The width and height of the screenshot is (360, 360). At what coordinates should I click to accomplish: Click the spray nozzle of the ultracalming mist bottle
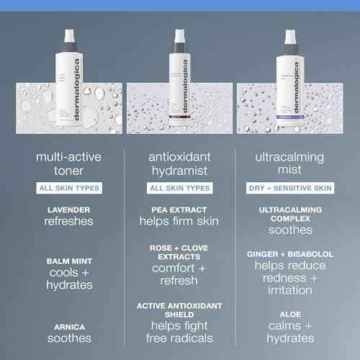pos(290,37)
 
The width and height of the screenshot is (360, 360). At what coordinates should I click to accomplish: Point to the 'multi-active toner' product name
pos(69,163)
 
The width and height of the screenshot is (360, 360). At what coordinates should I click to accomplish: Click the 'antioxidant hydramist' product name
pos(179,163)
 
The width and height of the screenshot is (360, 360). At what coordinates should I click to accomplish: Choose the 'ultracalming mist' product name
pos(291,163)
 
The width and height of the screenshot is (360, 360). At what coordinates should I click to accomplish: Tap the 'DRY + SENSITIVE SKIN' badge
pos(291,188)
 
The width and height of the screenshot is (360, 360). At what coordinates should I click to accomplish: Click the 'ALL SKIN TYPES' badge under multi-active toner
pos(69,188)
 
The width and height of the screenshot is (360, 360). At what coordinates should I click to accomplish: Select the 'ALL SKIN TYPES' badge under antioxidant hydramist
pos(179,188)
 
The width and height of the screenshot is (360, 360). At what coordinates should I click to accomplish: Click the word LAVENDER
pos(69,209)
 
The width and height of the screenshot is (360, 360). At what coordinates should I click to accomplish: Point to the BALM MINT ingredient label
pos(69,261)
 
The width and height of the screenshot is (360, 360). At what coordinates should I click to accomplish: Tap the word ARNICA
pos(69,326)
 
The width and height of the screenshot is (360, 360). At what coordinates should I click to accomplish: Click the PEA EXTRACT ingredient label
pos(179,209)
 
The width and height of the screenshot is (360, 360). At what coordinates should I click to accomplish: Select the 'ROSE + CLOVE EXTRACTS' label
pos(179,252)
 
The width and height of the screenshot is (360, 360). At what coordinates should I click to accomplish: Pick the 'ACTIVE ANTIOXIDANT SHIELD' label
pos(179,310)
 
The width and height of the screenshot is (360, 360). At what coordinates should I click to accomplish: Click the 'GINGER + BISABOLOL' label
pos(291,254)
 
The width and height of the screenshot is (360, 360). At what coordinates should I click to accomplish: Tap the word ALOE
pos(291,314)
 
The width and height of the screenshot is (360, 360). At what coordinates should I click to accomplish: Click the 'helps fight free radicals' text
pos(179,331)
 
